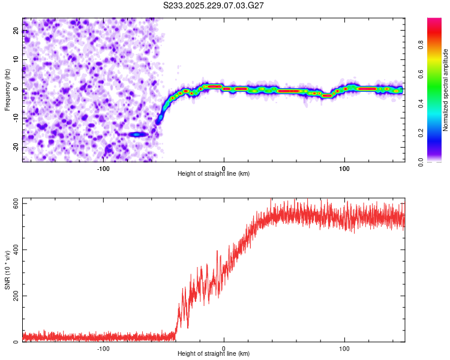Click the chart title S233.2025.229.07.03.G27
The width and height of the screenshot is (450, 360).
(214, 5)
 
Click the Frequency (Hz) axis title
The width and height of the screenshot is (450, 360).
(7, 89)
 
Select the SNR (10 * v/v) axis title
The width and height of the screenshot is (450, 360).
(7, 269)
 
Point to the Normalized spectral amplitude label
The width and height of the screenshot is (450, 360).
(446, 90)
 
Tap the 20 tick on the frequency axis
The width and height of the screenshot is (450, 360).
(16, 32)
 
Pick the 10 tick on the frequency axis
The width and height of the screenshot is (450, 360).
(16, 61)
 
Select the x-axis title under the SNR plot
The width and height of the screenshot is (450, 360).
(214, 354)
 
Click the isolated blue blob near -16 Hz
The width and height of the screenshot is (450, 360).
(139, 134)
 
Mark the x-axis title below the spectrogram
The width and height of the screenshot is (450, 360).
(214, 174)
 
